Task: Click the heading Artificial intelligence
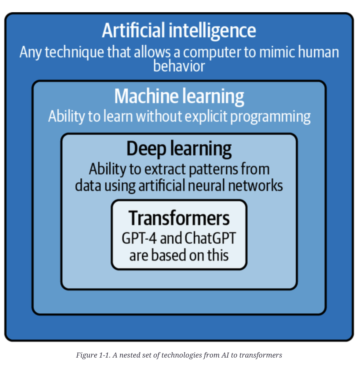pyautogui.click(x=179, y=31)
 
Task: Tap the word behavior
pyautogui.click(x=179, y=66)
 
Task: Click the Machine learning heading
pyautogui.click(x=179, y=96)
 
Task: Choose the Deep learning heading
pyautogui.click(x=179, y=149)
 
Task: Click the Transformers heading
pyautogui.click(x=179, y=218)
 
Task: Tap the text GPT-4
pyautogui.click(x=139, y=238)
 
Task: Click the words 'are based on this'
pyautogui.click(x=179, y=255)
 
